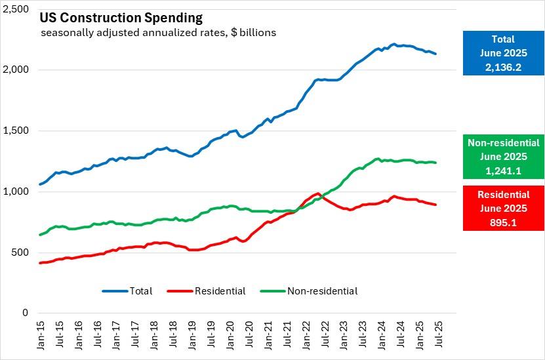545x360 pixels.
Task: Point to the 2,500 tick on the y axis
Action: [x=18, y=9]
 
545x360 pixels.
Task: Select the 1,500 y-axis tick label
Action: [x=18, y=131]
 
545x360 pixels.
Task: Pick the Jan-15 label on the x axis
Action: [x=41, y=335]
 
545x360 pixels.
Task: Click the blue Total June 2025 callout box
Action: [x=502, y=53]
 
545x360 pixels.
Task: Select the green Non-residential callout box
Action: [x=502, y=156]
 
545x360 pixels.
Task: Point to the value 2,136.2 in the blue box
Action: [x=502, y=66]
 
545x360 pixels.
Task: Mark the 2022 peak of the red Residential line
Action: [x=318, y=193]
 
